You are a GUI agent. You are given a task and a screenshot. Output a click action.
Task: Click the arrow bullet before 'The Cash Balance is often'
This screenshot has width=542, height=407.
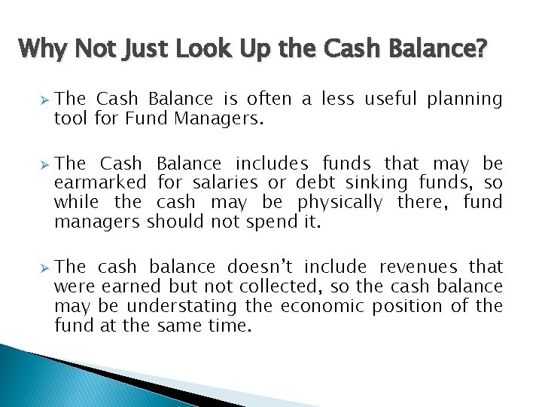point(44,99)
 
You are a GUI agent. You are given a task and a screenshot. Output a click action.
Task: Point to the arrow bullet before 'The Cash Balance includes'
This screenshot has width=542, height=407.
point(44,164)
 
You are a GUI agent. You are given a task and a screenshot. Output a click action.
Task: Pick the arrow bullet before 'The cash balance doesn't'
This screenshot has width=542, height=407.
point(44,267)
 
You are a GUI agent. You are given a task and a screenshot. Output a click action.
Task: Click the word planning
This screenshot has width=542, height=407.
point(464,99)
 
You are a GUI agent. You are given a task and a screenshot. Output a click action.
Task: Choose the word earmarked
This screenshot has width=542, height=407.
point(101,183)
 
